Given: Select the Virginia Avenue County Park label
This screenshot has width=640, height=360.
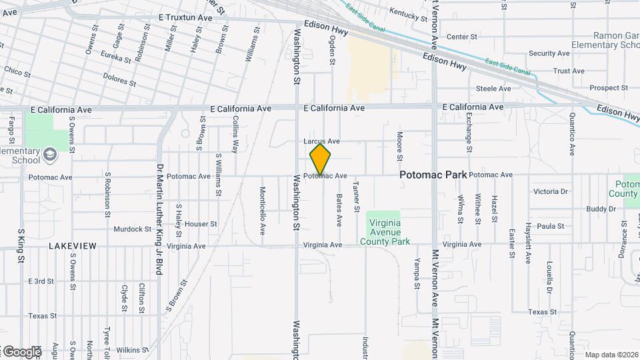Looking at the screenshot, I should point(388,233).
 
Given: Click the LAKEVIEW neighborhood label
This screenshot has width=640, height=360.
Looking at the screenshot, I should point(72,246).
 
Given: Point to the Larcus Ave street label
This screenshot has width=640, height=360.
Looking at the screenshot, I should point(321,141).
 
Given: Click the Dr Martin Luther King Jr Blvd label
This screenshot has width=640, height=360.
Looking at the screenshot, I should point(159,219).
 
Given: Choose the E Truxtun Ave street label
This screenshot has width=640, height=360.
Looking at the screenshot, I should point(185,18).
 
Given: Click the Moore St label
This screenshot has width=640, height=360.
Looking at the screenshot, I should point(399,146).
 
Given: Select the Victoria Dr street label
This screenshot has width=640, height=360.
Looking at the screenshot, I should point(551,191).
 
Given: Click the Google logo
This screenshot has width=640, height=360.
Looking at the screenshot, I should point(21,351).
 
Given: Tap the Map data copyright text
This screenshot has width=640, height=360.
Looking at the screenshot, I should point(611,355).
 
